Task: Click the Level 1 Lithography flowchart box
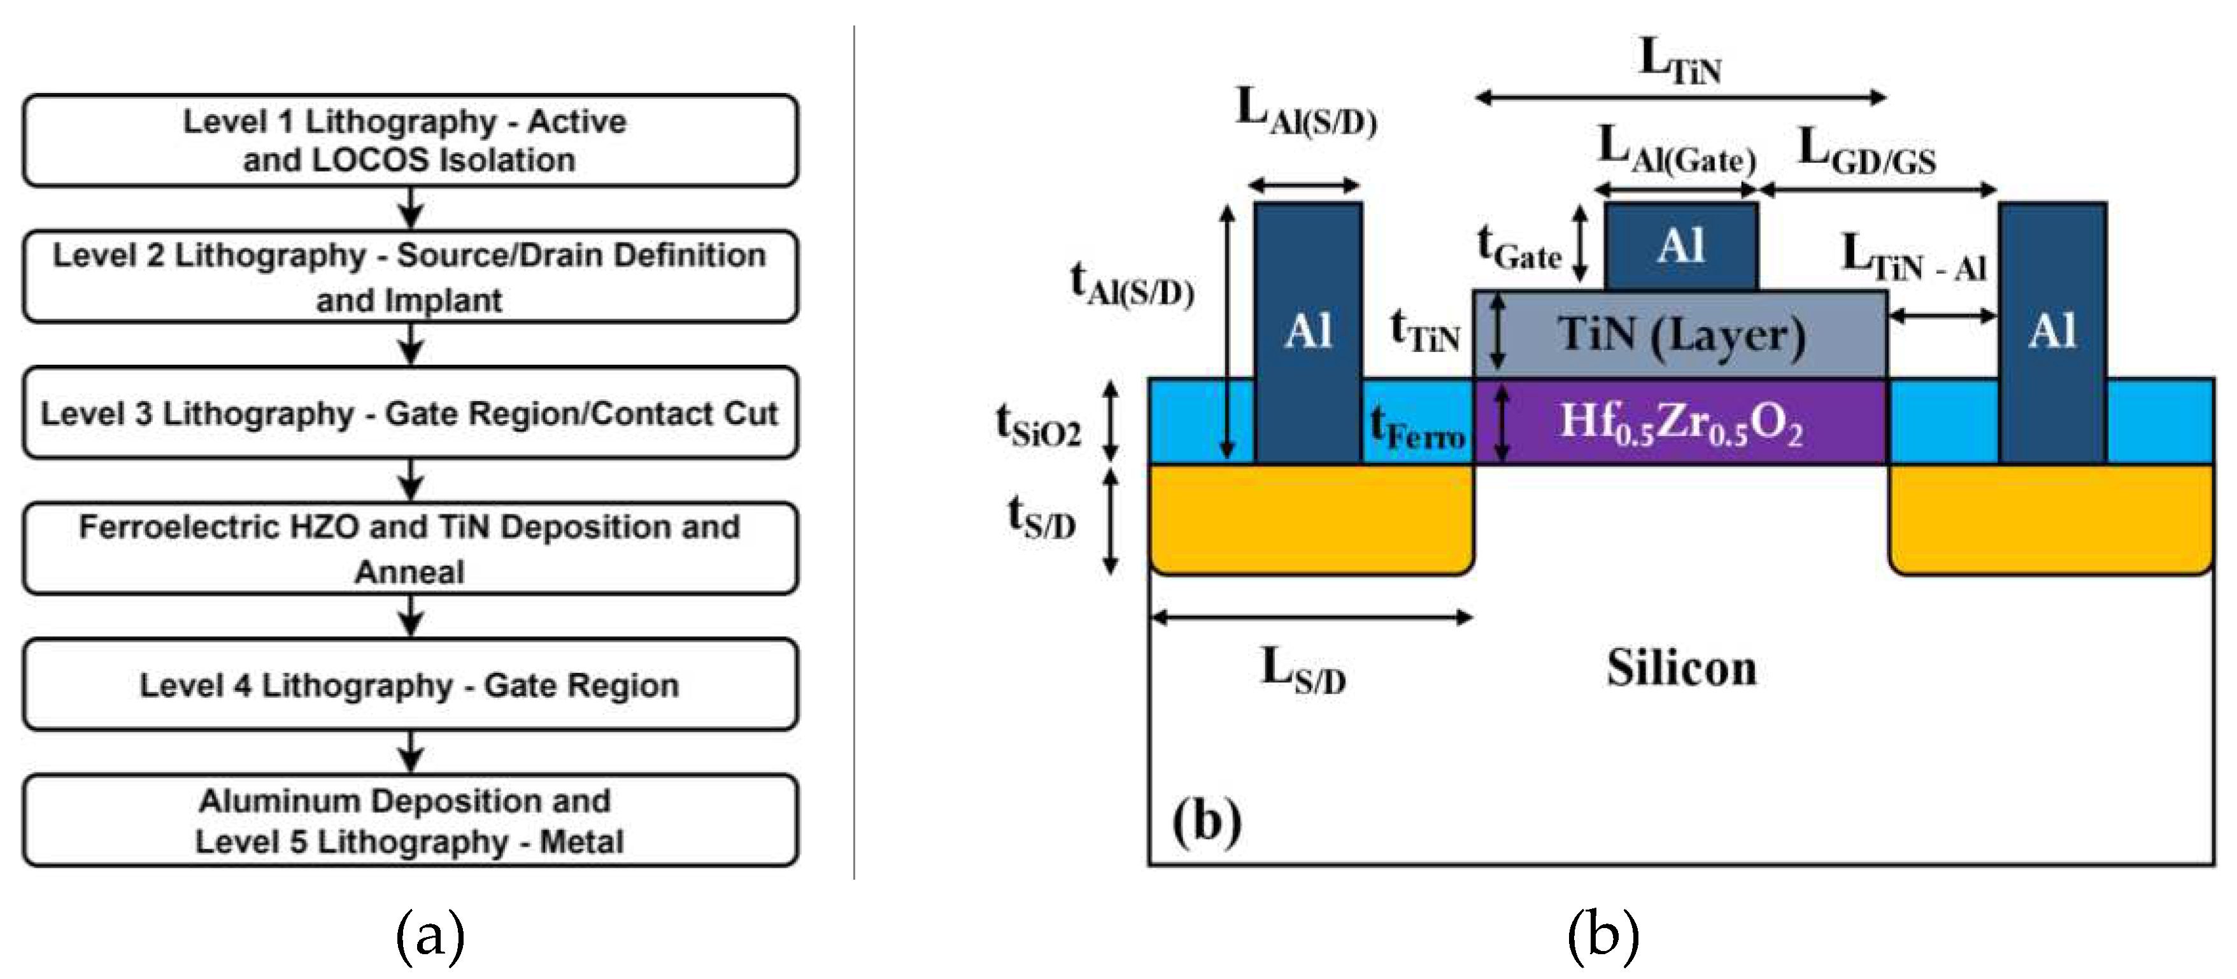[x=410, y=141]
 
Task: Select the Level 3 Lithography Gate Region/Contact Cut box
[x=410, y=413]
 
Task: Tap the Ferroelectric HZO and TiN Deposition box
[x=410, y=549]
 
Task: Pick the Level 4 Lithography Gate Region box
[x=410, y=685]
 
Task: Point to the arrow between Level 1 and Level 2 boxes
[x=411, y=208]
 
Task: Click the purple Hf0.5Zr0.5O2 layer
[x=1680, y=423]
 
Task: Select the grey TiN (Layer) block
[x=1680, y=335]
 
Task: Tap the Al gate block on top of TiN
[x=1680, y=246]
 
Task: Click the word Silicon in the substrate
[x=1681, y=668]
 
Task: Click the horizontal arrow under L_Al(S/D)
[x=1304, y=185]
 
